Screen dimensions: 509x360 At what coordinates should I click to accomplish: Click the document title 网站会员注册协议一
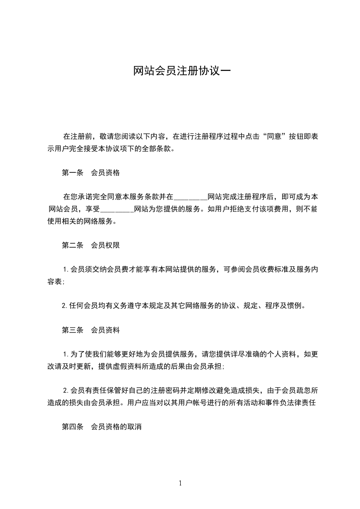point(182,71)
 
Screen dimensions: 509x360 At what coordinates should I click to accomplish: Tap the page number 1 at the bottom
point(180,483)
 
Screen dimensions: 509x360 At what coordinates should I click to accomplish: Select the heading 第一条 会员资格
point(90,172)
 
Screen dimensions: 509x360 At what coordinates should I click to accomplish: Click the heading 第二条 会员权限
point(90,245)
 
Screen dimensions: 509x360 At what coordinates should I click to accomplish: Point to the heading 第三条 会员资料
point(90,330)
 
